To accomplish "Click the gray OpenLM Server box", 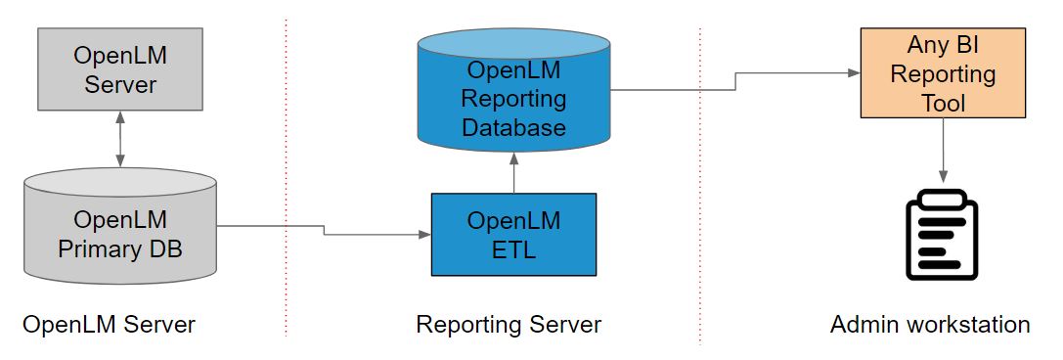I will tap(120, 68).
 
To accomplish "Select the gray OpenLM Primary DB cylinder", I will tap(120, 235).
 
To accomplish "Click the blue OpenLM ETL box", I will tap(512, 235).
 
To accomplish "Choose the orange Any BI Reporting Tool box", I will tap(943, 73).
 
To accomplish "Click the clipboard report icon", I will tap(943, 235).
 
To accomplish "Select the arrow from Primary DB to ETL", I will tap(324, 231).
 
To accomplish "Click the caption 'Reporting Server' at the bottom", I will tap(509, 324).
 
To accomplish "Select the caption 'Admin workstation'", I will tap(930, 324).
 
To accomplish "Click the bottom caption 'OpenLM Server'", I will tap(109, 324).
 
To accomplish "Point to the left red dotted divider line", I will tap(287, 176).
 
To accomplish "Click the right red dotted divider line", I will tap(700, 176).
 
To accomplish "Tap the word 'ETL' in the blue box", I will tap(513, 248).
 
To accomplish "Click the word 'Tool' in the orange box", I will tap(943, 102).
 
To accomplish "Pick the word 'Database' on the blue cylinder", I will tap(513, 127).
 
